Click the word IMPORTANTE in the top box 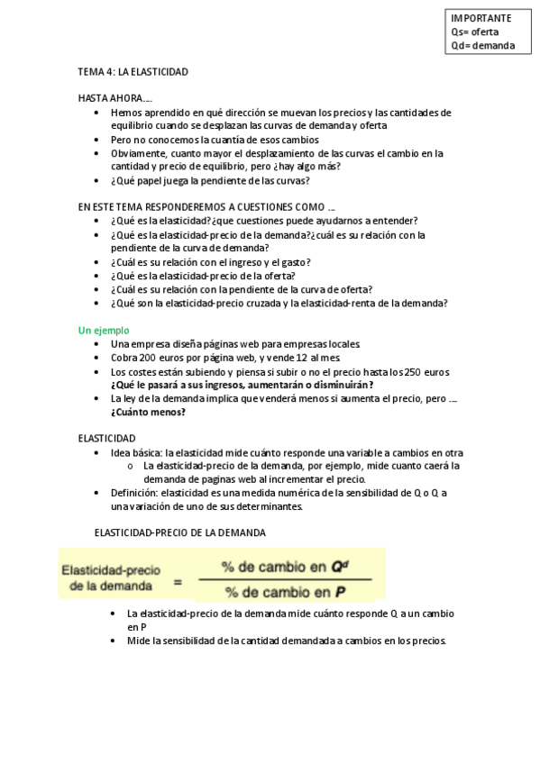pyautogui.click(x=481, y=18)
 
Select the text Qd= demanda pyautogui.click(x=483, y=46)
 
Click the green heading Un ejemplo pyautogui.click(x=104, y=331)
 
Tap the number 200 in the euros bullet pyautogui.click(x=150, y=358)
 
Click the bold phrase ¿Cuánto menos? pyautogui.click(x=149, y=412)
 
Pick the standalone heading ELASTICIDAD pyautogui.click(x=106, y=438)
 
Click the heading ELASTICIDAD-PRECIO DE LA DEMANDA pyautogui.click(x=180, y=532)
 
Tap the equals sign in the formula pyautogui.click(x=178, y=582)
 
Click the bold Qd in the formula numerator pyautogui.click(x=339, y=568)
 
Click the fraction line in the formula pyautogui.click(x=287, y=580)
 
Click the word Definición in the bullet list pyautogui.click(x=133, y=493)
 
